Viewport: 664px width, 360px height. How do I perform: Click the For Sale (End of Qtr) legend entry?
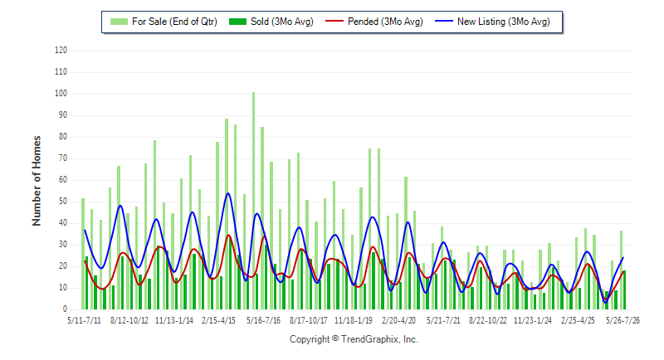point(164,22)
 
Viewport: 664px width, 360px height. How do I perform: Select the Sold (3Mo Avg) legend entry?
point(271,22)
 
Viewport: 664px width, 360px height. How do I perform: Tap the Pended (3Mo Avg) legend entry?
point(374,22)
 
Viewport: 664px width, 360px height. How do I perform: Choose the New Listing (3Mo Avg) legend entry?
point(492,22)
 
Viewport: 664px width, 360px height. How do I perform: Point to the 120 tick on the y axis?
point(61,51)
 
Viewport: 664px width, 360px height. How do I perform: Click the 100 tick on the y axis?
point(61,94)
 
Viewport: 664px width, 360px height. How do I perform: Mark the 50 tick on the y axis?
point(63,202)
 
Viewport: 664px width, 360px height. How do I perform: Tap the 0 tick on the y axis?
point(65,309)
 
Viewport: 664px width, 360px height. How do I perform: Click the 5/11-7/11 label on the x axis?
point(85,320)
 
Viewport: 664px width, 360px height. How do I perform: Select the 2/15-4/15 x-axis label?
point(218,320)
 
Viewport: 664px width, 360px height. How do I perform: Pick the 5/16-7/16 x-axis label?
point(263,320)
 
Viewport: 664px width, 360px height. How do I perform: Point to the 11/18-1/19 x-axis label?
point(354,320)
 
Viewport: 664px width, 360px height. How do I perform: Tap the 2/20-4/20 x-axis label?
point(398,320)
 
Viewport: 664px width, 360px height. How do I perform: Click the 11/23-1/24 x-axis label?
point(533,320)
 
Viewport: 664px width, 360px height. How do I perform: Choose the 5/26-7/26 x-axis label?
point(622,320)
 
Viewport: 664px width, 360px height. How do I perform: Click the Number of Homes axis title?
point(37,181)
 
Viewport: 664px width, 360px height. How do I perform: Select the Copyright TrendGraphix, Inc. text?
point(354,339)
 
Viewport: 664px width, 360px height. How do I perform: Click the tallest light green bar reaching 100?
point(254,201)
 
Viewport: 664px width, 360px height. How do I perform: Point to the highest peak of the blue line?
point(227,193)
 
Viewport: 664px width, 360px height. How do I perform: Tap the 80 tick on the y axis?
point(63,137)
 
